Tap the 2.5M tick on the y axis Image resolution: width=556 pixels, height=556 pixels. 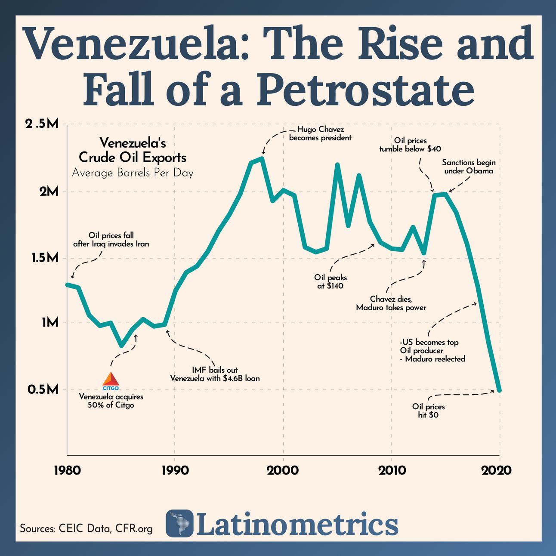coord(42,125)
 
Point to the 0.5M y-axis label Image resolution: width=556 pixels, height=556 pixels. coord(43,389)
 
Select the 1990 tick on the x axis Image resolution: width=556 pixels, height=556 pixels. coord(175,470)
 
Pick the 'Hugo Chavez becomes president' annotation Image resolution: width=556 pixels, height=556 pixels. coord(320,133)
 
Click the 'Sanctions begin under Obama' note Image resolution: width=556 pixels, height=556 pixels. coord(469,167)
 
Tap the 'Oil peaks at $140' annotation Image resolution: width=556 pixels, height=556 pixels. coord(330,282)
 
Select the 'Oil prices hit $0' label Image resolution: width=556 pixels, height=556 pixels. coord(428,411)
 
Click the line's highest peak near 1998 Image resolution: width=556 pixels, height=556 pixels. coord(262,159)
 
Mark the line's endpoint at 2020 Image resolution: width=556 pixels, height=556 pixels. coord(499,390)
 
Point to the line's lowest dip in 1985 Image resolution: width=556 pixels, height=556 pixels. coord(122,345)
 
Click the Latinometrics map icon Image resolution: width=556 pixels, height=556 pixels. coord(179,523)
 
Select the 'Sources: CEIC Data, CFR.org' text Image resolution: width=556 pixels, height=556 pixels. coord(86,528)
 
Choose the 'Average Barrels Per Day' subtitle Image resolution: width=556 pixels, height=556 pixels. coord(133,173)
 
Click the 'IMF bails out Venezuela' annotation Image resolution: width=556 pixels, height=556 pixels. coord(215,374)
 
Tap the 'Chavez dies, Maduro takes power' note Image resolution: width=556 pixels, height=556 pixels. coord(391,303)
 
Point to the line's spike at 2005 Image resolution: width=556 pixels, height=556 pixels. coord(337,165)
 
